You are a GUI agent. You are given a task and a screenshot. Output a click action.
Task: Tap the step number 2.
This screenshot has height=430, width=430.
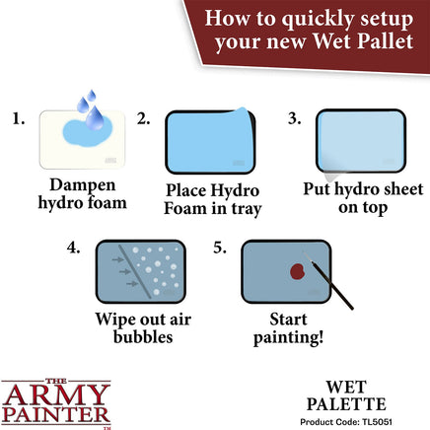144,120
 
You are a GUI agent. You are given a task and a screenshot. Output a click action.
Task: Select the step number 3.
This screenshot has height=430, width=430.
294,120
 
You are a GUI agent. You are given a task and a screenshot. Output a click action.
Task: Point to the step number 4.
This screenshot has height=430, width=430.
73,251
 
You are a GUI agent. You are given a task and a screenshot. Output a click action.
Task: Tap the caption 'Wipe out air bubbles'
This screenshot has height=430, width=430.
143,328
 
